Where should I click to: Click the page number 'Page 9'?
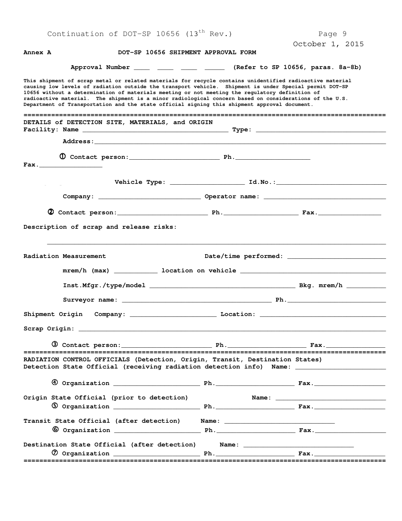(332, 34)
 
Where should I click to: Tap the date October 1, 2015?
(328, 44)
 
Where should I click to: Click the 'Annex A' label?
(37, 53)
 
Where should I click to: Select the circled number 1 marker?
(63, 156)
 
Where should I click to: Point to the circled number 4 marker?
(55, 382)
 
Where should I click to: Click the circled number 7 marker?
(55, 453)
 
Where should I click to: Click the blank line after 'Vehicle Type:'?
(207, 183)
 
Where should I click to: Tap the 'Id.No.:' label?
(262, 182)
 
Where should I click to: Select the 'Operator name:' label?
(232, 197)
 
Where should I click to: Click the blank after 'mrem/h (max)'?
(135, 272)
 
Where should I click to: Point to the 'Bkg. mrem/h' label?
(321, 285)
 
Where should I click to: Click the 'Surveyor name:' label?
(90, 300)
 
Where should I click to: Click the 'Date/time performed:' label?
(244, 256)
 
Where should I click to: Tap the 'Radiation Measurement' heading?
(65, 256)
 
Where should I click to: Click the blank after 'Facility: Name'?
(155, 131)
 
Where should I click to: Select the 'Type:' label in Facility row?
(242, 130)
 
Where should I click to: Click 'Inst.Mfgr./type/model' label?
(104, 285)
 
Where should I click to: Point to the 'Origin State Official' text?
(65, 398)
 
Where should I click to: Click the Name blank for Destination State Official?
(298, 446)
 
